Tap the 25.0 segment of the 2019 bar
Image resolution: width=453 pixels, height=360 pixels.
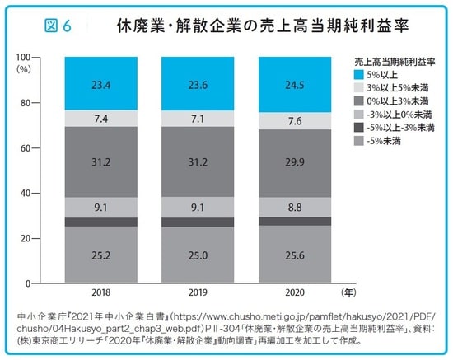[197, 256]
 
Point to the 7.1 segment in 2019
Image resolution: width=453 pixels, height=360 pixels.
[197, 119]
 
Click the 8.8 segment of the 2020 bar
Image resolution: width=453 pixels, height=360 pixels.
[294, 208]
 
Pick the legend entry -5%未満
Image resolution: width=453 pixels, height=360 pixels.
[385, 141]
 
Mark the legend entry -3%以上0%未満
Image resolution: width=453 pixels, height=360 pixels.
[394, 115]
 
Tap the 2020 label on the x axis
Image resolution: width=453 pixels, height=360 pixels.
[294, 293]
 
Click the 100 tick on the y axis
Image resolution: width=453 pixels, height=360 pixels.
[46, 57]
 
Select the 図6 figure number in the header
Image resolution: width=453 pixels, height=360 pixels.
[55, 26]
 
